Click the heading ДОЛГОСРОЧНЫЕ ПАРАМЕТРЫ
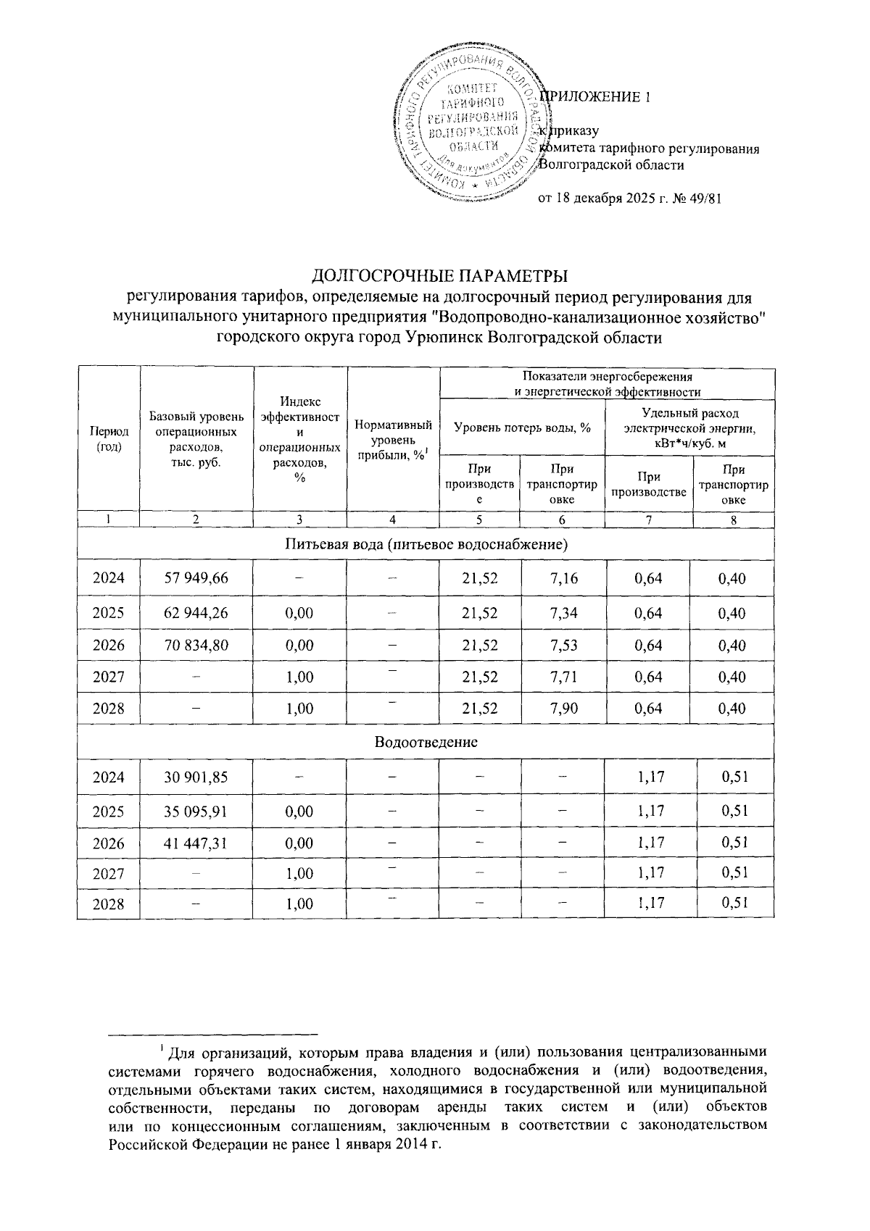click(439, 276)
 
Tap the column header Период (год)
click(109, 439)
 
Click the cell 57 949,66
click(196, 578)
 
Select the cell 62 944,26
click(196, 612)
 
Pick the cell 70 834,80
click(196, 644)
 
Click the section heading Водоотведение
click(426, 742)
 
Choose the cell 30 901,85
click(196, 777)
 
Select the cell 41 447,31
click(196, 843)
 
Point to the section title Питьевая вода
click(426, 543)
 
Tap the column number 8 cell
click(733, 519)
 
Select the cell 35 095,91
click(196, 811)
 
